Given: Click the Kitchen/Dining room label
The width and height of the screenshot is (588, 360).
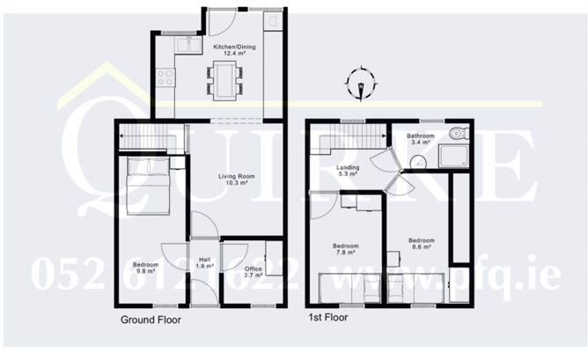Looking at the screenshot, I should click(x=232, y=50).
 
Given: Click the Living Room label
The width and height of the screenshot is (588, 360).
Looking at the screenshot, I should click(x=233, y=179).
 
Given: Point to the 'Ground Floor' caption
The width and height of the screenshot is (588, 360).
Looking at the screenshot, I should click(x=151, y=320).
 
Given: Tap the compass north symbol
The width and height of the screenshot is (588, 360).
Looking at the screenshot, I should click(x=360, y=84).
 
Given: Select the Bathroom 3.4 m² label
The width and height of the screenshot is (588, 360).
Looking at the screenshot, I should click(x=419, y=137).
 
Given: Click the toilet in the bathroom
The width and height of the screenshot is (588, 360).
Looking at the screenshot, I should click(x=458, y=133).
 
